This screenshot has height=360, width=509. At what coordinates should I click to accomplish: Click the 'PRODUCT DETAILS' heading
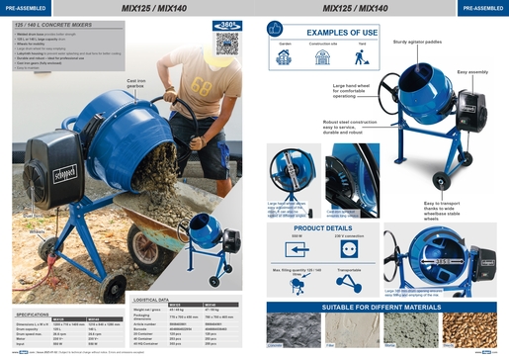click(322, 227)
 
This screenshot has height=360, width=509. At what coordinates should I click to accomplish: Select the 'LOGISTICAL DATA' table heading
click(157, 299)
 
